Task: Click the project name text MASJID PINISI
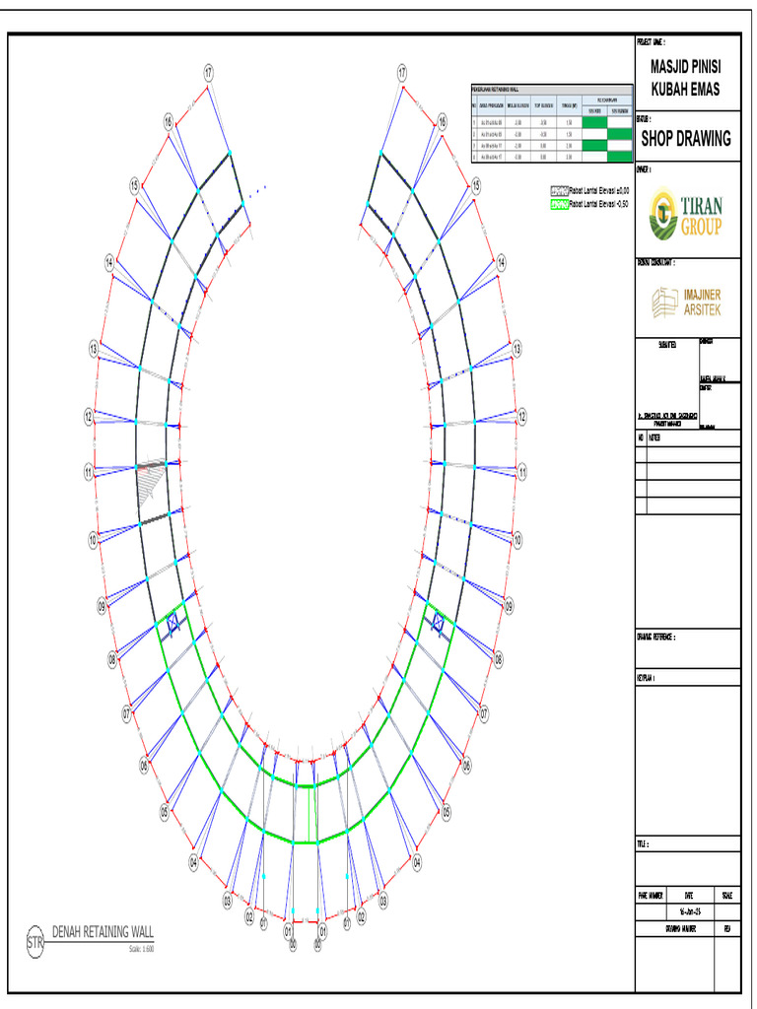[685, 68]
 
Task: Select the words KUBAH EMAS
[685, 90]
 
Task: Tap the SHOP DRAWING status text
[686, 139]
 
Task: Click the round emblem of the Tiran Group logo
[664, 215]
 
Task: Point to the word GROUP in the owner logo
[700, 229]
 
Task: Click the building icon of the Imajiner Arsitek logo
[665, 302]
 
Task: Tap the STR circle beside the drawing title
[34, 942]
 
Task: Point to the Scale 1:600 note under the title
[141, 949]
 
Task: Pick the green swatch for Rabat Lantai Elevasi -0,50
[559, 204]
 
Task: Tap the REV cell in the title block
[726, 928]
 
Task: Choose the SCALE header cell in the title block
[726, 895]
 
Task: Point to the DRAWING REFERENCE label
[655, 637]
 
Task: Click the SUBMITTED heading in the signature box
[666, 345]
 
